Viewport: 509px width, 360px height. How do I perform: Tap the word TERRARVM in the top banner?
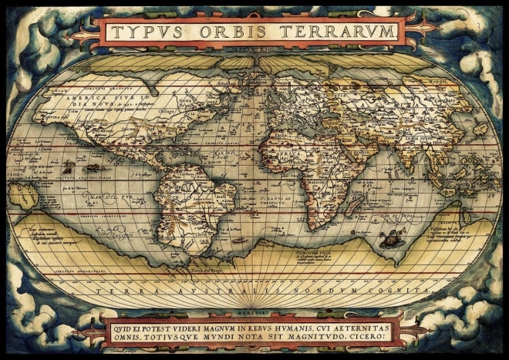tap(335, 32)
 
